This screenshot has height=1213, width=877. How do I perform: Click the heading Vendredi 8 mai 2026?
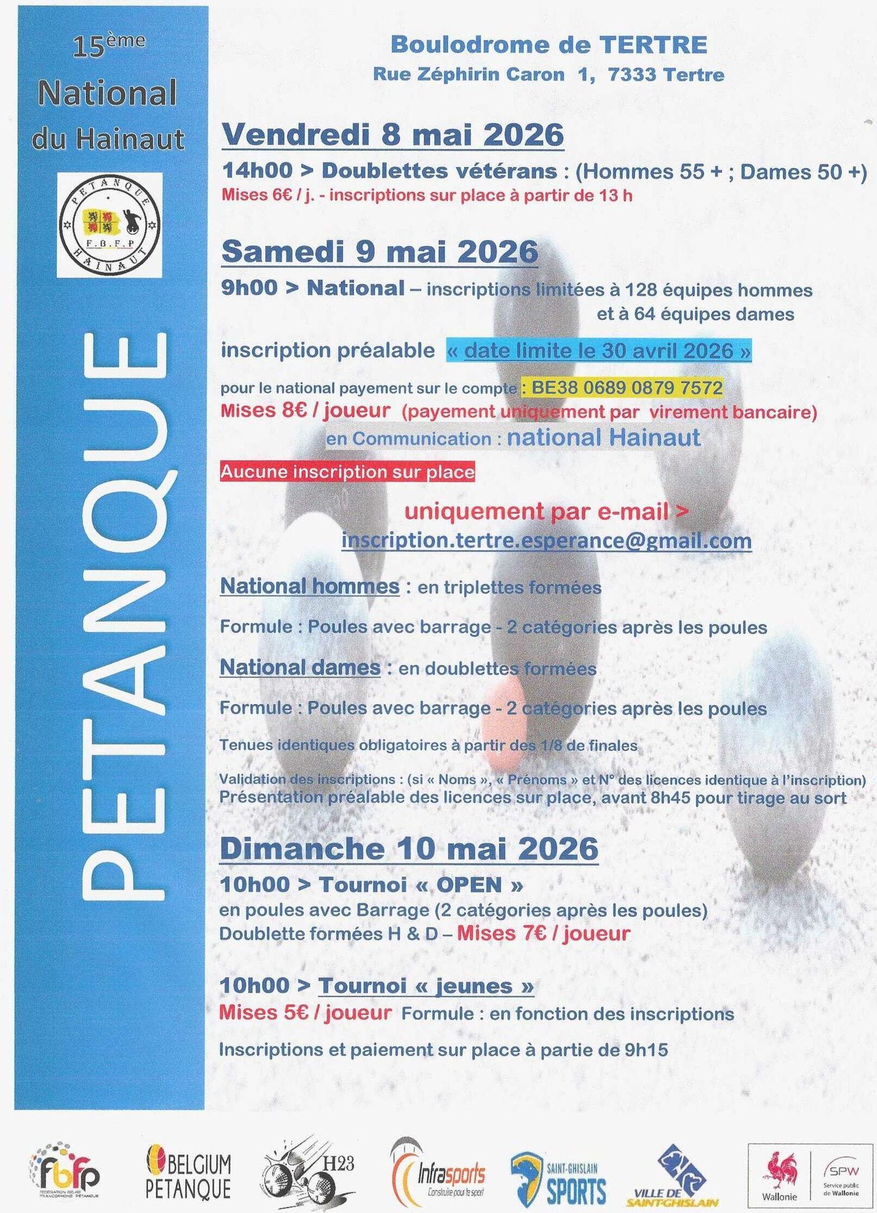click(x=392, y=135)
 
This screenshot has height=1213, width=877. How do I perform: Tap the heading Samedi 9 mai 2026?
click(x=379, y=252)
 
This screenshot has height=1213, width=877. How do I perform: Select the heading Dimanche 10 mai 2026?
click(x=408, y=848)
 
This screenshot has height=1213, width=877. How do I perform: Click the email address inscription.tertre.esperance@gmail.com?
click(x=546, y=541)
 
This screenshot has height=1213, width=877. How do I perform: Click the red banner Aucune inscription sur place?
click(x=347, y=472)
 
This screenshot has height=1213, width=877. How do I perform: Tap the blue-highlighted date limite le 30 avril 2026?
click(x=599, y=351)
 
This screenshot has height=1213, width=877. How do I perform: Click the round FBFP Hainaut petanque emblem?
click(x=109, y=224)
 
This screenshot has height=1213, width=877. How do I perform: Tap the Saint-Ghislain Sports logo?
click(x=559, y=1173)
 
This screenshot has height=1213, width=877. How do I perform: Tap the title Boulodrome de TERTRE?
click(x=549, y=44)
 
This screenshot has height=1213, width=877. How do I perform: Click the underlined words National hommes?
click(x=309, y=586)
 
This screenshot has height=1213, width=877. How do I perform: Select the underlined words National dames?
click(x=300, y=668)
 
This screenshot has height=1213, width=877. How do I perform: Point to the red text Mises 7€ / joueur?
click(x=543, y=934)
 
